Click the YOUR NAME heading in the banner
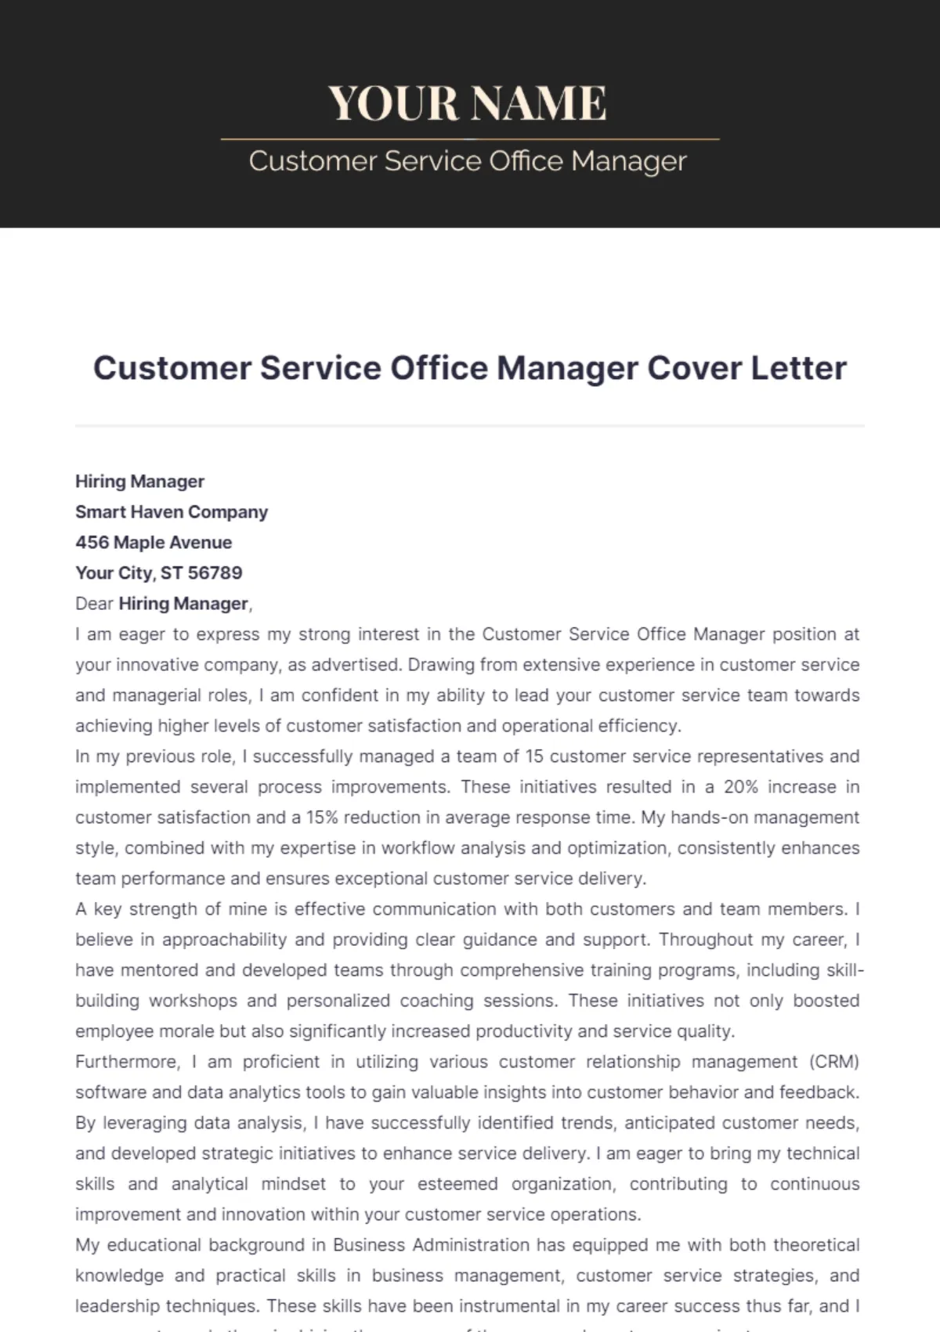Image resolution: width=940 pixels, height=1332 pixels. point(468,103)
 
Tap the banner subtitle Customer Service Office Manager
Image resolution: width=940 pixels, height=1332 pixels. point(468,161)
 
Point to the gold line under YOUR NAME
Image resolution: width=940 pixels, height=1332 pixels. point(470,139)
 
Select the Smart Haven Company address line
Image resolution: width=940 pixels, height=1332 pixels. point(172,512)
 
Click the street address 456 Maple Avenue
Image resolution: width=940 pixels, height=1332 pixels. point(154,543)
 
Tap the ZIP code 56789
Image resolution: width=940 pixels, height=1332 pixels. point(215,573)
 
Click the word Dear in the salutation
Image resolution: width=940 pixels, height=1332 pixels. point(94,604)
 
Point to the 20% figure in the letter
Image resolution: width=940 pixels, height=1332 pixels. point(740,787)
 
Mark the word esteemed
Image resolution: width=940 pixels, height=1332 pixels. point(457,1184)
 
